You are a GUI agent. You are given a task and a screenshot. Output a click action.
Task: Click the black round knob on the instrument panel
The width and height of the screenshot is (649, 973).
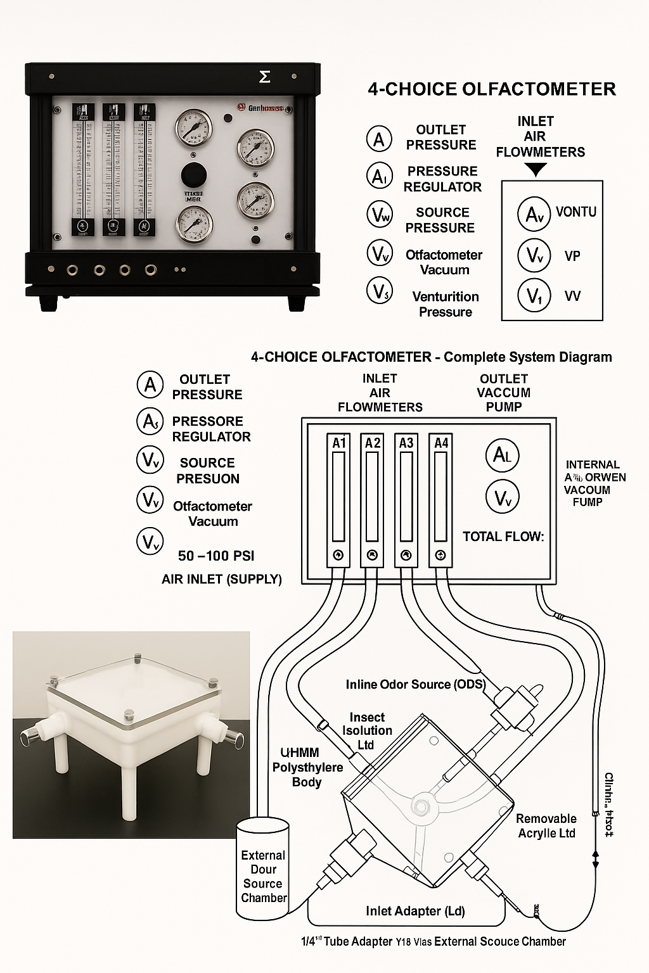tap(193, 174)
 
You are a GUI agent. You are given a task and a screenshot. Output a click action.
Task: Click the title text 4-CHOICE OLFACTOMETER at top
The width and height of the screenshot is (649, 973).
tap(492, 89)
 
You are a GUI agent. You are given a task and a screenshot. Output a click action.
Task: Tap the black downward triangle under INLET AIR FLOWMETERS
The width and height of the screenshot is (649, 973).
tap(536, 169)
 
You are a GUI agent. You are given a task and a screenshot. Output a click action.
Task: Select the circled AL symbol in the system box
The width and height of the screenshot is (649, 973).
tap(503, 455)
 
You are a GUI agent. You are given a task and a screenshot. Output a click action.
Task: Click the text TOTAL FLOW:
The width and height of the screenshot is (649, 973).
tap(503, 537)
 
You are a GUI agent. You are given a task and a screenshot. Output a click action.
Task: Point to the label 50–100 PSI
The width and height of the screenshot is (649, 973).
tap(216, 556)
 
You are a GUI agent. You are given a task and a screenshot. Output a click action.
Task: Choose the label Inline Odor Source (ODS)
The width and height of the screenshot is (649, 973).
tap(416, 684)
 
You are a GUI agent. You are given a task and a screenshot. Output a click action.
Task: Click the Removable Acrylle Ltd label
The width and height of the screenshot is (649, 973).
tap(546, 826)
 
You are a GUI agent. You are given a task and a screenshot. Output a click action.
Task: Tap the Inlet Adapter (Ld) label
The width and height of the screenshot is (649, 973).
tap(416, 911)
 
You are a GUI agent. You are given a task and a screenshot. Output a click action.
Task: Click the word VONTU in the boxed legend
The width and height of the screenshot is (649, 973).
tap(576, 212)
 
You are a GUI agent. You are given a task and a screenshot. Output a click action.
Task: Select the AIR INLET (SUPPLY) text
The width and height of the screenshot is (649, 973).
tap(222, 579)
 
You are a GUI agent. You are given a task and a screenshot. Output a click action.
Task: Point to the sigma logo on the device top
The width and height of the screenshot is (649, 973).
tap(265, 77)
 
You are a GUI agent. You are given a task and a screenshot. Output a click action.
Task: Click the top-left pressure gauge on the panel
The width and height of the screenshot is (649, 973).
tap(193, 127)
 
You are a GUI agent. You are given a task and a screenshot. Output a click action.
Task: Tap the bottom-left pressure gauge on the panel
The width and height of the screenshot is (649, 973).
tap(194, 224)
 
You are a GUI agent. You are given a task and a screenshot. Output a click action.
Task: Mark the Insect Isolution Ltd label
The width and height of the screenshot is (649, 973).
tap(367, 730)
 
